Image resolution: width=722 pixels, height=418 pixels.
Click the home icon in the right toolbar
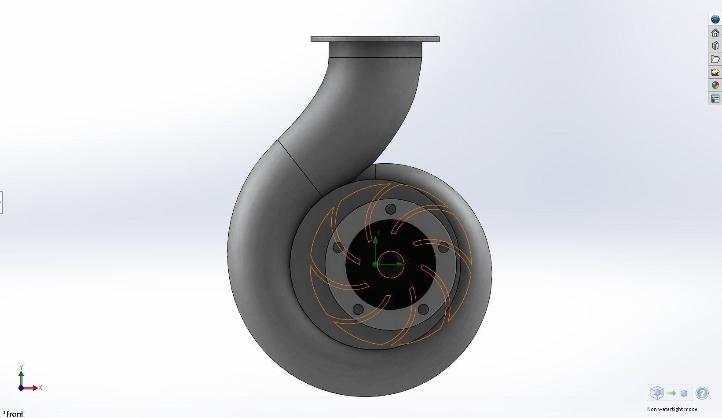click(715, 33)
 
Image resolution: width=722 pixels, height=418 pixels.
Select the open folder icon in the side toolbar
click(715, 59)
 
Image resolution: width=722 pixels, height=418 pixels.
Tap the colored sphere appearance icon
click(715, 85)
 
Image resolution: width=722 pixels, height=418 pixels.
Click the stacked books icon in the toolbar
click(715, 46)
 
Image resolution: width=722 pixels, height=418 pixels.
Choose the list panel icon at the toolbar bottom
click(715, 99)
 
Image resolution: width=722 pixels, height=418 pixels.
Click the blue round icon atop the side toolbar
click(715, 19)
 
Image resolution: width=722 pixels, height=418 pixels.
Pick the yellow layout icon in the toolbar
click(715, 72)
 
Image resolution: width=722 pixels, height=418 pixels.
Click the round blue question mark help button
click(702, 393)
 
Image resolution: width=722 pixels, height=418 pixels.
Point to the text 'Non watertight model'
click(672, 409)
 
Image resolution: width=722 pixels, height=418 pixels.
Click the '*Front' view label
click(13, 414)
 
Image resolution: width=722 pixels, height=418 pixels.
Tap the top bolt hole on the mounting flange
click(390, 209)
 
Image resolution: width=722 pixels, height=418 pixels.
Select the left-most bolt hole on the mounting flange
click(337, 247)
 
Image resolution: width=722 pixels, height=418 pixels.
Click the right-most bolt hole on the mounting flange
click(443, 247)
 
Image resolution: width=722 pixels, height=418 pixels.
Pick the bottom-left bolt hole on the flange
click(358, 309)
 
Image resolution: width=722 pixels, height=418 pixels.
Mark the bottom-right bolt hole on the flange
click(423, 309)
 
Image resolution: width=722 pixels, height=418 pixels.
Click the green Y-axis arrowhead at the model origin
click(375, 240)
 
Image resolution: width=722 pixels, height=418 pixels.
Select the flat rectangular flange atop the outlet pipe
click(375, 39)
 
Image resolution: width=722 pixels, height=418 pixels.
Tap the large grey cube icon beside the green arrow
click(657, 393)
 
